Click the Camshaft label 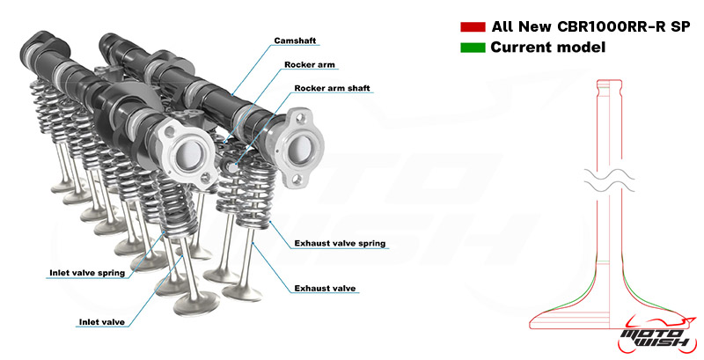click(295, 40)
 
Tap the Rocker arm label click(310, 64)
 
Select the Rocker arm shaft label click(333, 88)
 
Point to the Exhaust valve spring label click(340, 243)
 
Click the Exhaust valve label click(325, 288)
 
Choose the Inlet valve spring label click(87, 273)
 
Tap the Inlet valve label click(102, 322)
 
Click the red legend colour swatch click(473, 27)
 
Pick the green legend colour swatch click(473, 48)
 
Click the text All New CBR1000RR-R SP click(590, 26)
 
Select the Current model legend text click(548, 48)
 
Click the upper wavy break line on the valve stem click(610, 173)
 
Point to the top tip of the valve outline click(609, 80)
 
